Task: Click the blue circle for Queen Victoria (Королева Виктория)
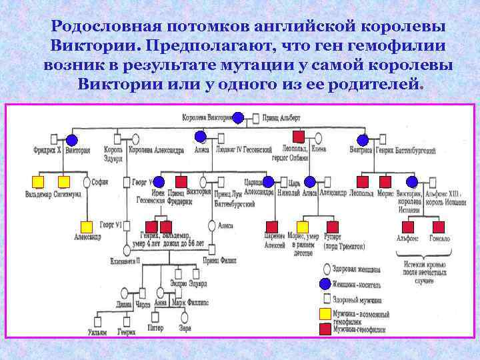[x=238, y=118]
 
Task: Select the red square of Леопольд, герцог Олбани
[x=299, y=137]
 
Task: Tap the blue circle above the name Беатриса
[x=362, y=140]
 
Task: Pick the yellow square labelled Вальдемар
[x=39, y=181]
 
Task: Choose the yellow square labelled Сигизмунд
[x=64, y=181]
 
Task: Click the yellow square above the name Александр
[x=86, y=226]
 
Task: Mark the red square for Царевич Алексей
[x=272, y=226]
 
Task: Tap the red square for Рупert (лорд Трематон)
[x=328, y=226]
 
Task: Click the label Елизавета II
[x=125, y=261]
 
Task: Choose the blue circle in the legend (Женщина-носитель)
[x=325, y=283]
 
